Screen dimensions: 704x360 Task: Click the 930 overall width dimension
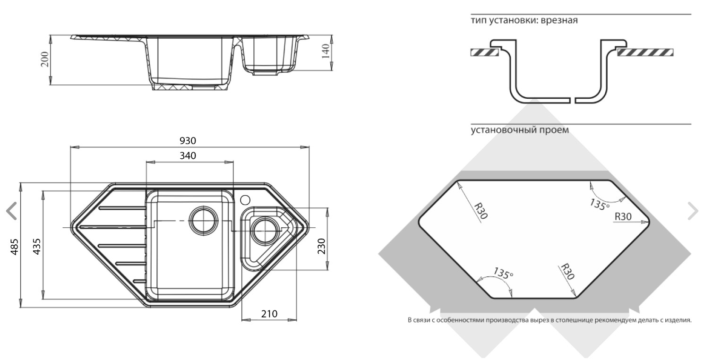coord(188,141)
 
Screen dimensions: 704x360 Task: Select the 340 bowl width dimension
coord(188,156)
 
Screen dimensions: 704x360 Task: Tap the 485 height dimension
coord(15,247)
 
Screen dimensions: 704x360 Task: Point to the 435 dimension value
coord(37,247)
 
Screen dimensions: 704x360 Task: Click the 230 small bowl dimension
coord(321,246)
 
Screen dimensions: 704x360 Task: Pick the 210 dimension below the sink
coord(269,314)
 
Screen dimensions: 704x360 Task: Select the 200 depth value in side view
coord(45,59)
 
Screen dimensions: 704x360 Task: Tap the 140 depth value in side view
coord(326,51)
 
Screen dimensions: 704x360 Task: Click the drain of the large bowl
coord(204,220)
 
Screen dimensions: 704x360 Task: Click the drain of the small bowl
coord(266,231)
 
